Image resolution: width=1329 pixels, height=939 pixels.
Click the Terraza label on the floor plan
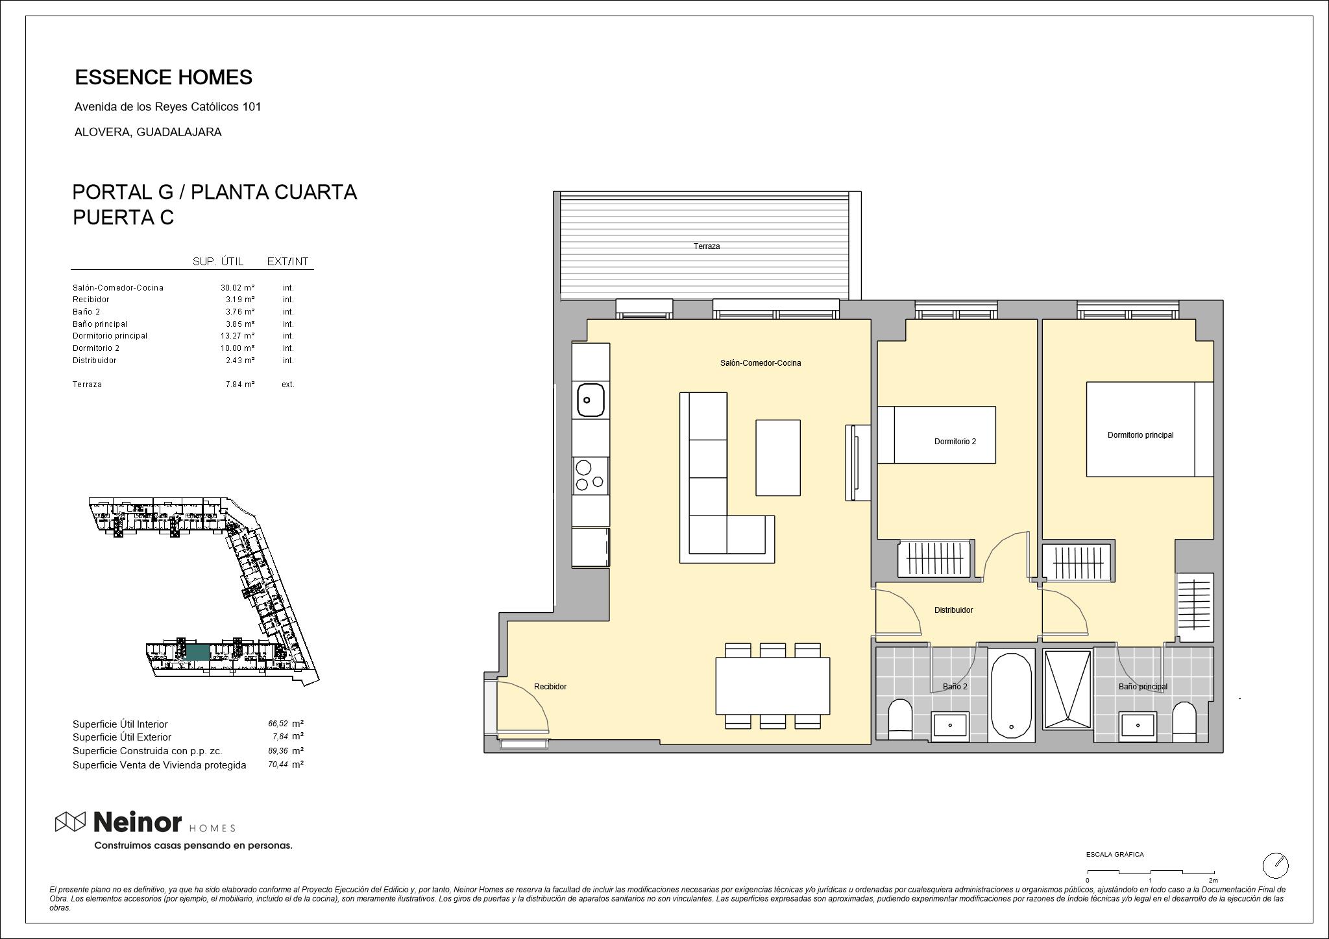point(706,246)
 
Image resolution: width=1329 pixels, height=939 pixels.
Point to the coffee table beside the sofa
point(777,457)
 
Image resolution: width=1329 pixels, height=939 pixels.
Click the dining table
point(772,685)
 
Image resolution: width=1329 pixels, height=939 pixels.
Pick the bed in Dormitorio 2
point(936,434)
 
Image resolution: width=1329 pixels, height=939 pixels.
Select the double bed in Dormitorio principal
point(1150,429)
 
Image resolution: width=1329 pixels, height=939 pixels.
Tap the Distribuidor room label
point(953,610)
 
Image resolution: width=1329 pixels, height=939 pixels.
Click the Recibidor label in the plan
point(550,687)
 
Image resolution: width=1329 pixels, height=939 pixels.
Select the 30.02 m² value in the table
point(238,287)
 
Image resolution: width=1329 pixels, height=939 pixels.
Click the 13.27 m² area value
point(238,336)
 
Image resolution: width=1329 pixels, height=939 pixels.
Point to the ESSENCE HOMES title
point(164,77)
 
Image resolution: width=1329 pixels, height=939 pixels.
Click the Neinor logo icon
point(70,822)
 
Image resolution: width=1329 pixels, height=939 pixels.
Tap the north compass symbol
point(1275,865)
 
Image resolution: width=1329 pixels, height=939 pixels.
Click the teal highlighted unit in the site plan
point(198,652)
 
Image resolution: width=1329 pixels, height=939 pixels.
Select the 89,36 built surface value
point(278,751)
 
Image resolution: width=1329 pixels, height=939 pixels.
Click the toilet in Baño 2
point(899,719)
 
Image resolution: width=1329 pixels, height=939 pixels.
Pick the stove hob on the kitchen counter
point(591,475)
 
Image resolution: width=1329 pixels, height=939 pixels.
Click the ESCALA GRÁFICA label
point(1115,855)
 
